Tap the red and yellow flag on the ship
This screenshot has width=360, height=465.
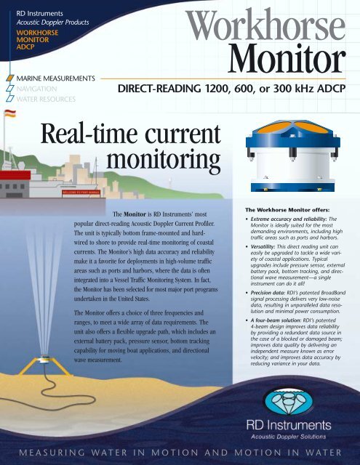pyautogui.click(x=10, y=114)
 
